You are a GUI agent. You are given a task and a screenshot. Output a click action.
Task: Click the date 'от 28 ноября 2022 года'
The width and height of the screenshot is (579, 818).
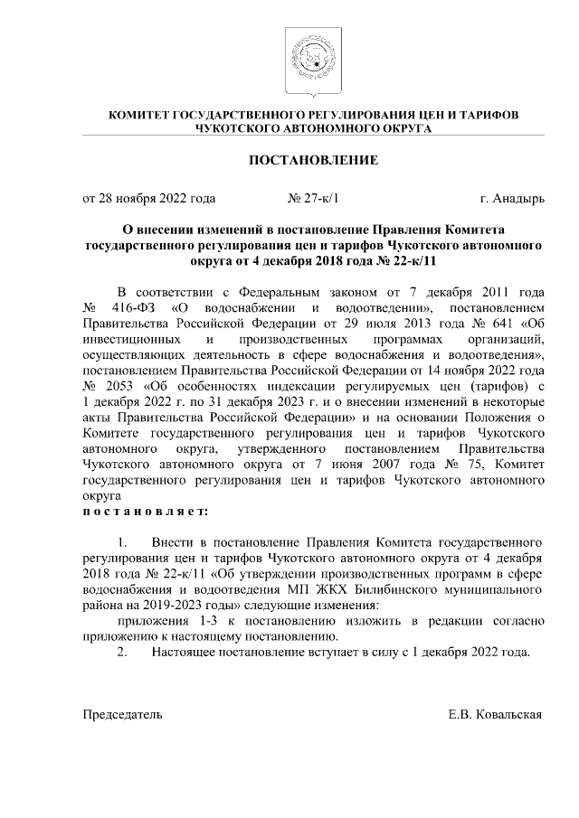pyautogui.click(x=148, y=197)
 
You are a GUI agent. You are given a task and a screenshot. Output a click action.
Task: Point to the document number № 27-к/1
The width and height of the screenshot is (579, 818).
pyautogui.click(x=311, y=197)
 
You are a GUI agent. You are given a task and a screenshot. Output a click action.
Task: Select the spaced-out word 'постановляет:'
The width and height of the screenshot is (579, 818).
pyautogui.click(x=145, y=511)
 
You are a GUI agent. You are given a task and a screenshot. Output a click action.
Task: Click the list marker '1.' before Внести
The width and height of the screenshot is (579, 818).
pyautogui.click(x=126, y=542)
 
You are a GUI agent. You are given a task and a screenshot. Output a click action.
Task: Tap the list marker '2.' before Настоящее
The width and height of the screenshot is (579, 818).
pyautogui.click(x=126, y=651)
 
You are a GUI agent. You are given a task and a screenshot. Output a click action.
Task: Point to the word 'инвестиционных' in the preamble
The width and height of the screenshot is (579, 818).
pyautogui.click(x=128, y=339)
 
